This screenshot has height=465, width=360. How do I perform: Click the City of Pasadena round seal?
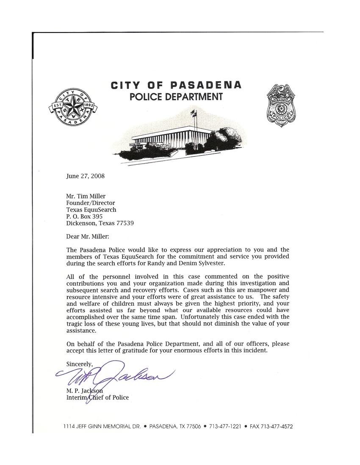[71, 106]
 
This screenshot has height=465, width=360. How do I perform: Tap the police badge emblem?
[281, 104]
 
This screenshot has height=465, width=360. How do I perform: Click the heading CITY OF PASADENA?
[176, 85]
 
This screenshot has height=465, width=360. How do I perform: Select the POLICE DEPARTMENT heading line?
[176, 97]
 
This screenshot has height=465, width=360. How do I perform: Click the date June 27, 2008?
[85, 176]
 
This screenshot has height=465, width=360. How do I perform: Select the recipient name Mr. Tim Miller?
[86, 196]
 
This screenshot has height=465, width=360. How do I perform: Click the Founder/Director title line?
[91, 202]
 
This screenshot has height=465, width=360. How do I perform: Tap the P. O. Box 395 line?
[84, 216]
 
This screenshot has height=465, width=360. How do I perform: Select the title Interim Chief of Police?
[97, 397]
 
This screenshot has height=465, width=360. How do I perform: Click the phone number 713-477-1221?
[225, 427]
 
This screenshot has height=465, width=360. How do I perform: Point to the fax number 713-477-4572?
[277, 427]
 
